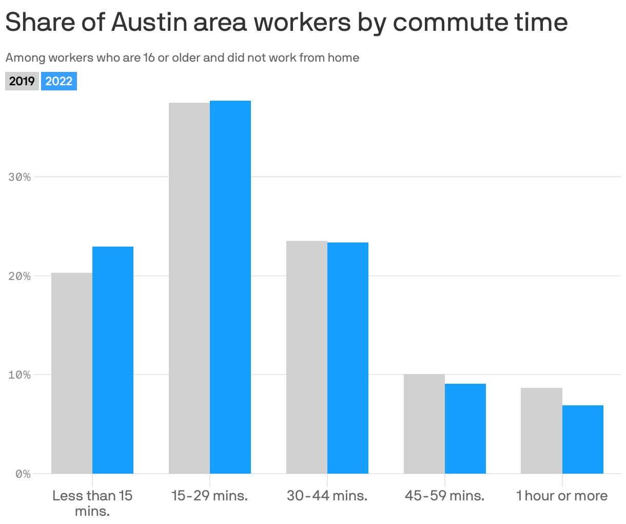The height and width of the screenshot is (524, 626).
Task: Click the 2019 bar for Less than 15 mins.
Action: coord(72,373)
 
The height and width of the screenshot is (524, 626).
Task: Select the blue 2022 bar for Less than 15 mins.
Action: coord(113,360)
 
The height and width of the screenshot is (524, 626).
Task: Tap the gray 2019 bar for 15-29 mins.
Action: coord(189,288)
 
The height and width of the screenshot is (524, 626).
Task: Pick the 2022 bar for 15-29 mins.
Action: coord(230,287)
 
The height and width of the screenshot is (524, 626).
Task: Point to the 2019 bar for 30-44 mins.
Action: coord(307,357)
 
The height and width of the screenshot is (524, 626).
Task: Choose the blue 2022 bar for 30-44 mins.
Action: coord(348,358)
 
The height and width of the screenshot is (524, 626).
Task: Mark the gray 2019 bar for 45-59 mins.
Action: coord(424,424)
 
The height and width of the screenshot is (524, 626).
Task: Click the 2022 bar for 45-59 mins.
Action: coord(465,428)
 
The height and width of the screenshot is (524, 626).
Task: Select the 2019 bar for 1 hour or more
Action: coord(541,431)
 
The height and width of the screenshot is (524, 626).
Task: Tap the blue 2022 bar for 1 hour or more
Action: coord(583,439)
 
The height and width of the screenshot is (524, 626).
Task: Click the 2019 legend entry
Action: coord(22,81)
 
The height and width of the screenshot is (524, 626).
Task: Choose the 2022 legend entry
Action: coord(59,81)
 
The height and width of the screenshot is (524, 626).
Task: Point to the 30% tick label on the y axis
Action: coord(20,177)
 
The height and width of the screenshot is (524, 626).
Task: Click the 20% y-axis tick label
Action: coord(20,276)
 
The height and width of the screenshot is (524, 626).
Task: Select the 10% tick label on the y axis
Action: coord(20,375)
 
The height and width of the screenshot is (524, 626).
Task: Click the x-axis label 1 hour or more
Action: coord(562,496)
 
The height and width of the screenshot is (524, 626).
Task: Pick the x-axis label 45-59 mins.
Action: coord(444,496)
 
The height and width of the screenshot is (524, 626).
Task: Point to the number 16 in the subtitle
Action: coord(149,58)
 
